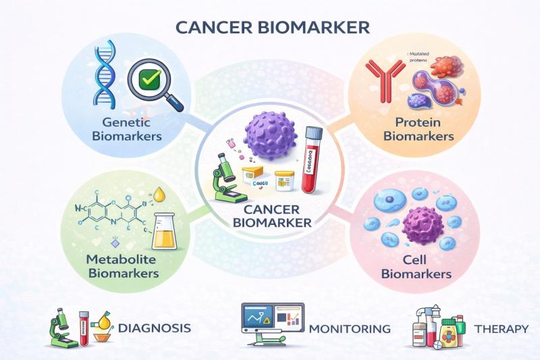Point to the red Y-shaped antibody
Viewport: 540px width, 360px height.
379,80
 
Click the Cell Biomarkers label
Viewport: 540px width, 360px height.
416,267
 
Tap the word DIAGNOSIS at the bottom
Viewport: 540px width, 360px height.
154,328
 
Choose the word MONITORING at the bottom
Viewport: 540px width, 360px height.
349,329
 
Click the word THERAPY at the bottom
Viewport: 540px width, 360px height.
501,329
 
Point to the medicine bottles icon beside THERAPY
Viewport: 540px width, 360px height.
440,327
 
